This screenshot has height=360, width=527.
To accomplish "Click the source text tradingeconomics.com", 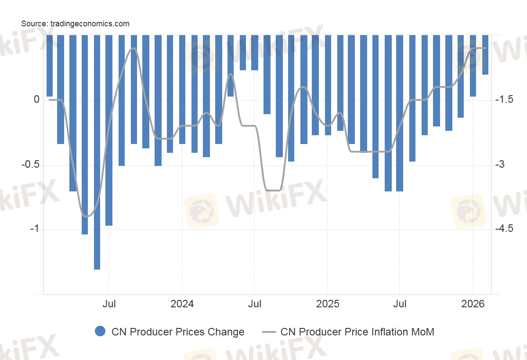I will (75, 24).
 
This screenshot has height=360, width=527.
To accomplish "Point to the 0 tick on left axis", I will (36, 100).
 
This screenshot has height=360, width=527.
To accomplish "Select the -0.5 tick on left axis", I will (31, 165).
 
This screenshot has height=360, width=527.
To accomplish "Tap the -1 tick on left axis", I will (34, 229).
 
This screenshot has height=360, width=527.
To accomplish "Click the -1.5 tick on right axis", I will (504, 100).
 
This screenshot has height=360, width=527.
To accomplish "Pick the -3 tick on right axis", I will (501, 165).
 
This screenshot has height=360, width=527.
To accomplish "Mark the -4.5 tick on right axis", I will (504, 229).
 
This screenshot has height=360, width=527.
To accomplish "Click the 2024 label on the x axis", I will (181, 304).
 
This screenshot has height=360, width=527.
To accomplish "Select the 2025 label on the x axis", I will (327, 304).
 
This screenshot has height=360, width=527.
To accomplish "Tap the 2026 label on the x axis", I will (473, 304).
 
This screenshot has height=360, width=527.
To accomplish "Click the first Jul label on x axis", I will (109, 304).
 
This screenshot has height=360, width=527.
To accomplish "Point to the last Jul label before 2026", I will (399, 304).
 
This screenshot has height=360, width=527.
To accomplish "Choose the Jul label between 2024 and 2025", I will (254, 304).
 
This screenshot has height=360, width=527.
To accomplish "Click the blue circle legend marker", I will (100, 332).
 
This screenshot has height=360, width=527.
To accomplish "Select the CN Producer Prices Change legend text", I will (178, 332).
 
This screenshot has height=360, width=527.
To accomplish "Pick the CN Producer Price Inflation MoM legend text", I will (357, 332).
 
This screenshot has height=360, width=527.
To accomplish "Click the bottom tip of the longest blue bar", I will (97, 269).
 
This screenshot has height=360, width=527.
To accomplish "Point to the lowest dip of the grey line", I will (87, 216).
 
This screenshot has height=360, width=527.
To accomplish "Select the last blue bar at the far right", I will (485, 55).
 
